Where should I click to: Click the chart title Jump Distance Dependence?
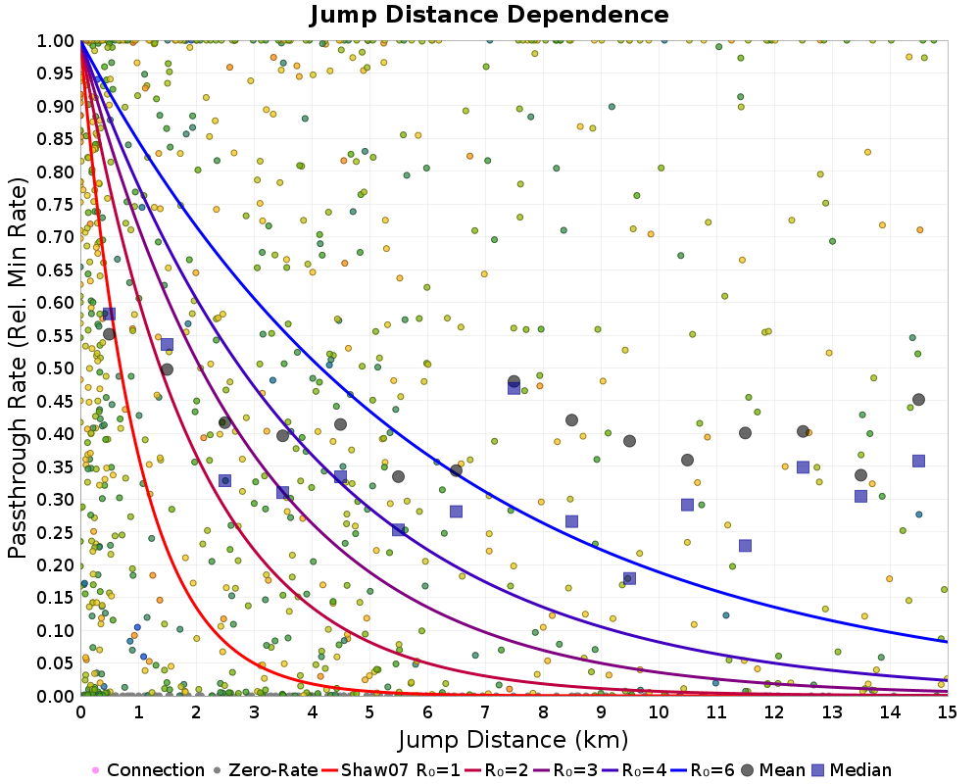click(489, 15)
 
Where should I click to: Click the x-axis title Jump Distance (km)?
click(513, 738)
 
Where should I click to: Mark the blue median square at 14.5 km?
click(918, 461)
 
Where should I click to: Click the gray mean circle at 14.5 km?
click(918, 400)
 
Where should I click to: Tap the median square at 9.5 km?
click(629, 578)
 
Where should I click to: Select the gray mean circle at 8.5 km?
click(571, 420)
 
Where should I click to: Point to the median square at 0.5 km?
click(109, 314)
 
